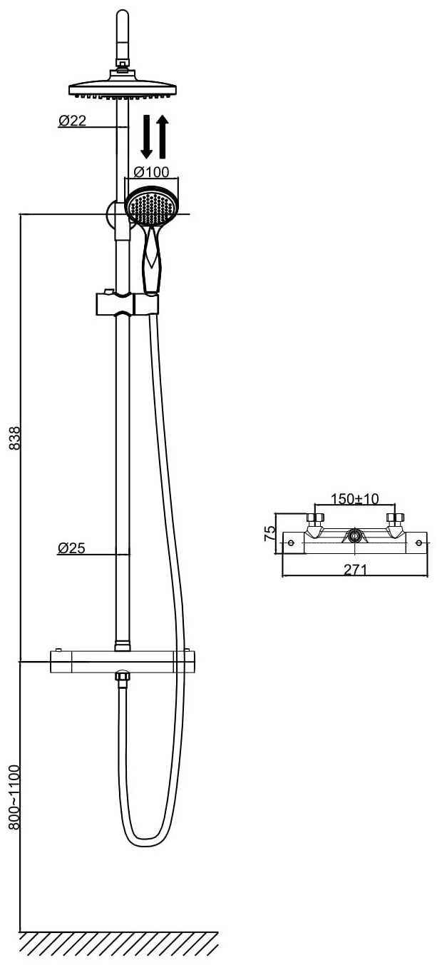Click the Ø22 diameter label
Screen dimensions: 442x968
tap(73, 121)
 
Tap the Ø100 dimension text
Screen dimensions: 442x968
tap(152, 172)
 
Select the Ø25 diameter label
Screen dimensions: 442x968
tap(72, 548)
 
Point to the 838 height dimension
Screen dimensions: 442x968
tap(15, 438)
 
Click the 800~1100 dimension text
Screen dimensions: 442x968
tap(15, 797)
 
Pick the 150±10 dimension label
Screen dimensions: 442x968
tap(355, 499)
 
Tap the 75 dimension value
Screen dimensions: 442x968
tap(269, 533)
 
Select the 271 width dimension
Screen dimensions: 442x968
tap(355, 570)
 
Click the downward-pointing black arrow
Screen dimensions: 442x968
tap(147, 136)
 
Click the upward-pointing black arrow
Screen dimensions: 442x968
tap(163, 136)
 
